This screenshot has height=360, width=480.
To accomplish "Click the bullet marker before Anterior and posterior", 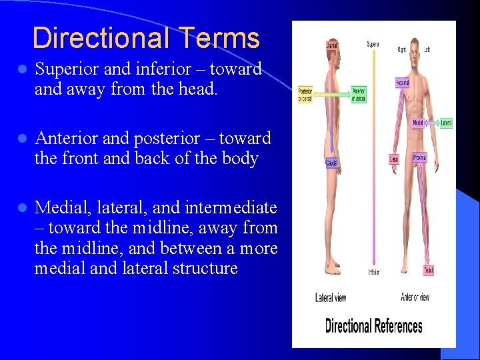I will [x=22, y=139].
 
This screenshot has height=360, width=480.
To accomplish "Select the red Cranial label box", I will [x=332, y=45].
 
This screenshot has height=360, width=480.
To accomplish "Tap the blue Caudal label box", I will [x=331, y=163].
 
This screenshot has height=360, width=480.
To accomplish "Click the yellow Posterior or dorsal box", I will [x=305, y=95].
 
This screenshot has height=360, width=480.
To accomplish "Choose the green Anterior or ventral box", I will [x=358, y=95].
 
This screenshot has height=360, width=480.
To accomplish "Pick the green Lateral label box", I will [x=446, y=123].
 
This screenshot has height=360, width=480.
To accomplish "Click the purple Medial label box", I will [x=418, y=123].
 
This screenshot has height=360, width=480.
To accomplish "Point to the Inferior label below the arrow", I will [x=373, y=272].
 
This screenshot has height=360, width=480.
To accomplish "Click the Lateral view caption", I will [x=331, y=297].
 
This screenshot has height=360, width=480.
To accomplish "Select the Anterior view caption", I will [x=415, y=297].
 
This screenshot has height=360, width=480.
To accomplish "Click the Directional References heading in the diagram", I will [x=373, y=326].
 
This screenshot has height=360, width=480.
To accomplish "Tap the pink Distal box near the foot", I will [x=428, y=270].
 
